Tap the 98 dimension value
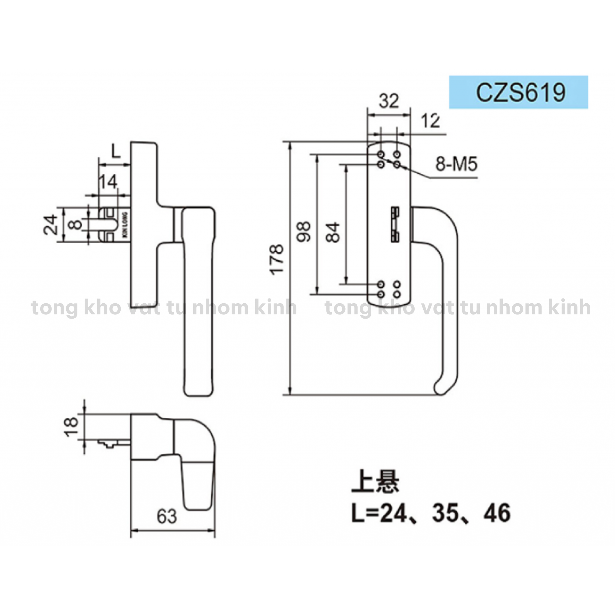click(x=304, y=231)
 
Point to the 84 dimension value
click(x=333, y=232)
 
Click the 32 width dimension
click(x=389, y=101)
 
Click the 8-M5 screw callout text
click(x=457, y=165)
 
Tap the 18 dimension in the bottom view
click(x=71, y=426)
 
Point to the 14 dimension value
click(x=108, y=182)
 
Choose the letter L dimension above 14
click(x=116, y=152)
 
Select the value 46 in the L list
click(x=497, y=512)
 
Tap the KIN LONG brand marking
click(x=125, y=225)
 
